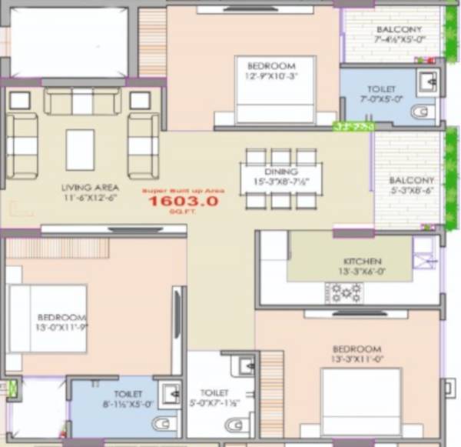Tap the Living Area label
pyautogui.click(x=86, y=187)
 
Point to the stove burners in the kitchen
pyautogui.click(x=346, y=292)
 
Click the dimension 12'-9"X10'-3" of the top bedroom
pyautogui.click(x=265, y=75)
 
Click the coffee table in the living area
pyautogui.click(x=80, y=149)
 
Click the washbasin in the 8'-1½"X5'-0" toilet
pyautogui.click(x=171, y=393)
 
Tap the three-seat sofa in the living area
pyautogui.click(x=82, y=101)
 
